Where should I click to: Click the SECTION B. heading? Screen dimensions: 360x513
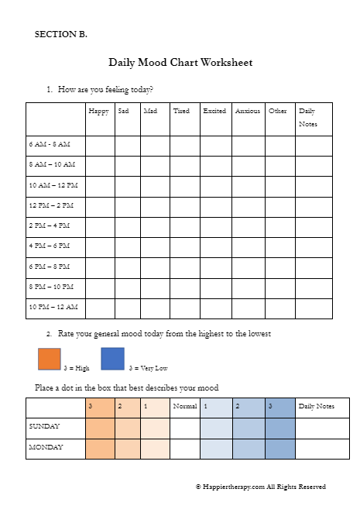(x=61, y=34)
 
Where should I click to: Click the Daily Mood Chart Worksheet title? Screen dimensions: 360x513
(x=180, y=62)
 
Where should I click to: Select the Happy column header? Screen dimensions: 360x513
(x=98, y=112)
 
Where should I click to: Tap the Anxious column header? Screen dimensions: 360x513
(x=247, y=112)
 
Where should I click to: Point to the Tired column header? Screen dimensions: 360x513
(x=181, y=112)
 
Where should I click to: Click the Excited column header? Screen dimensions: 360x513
(x=214, y=112)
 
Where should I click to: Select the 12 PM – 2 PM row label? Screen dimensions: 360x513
(x=51, y=205)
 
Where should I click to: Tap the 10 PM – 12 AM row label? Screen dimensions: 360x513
(x=53, y=307)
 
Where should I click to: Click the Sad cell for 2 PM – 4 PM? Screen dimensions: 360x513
(x=127, y=227)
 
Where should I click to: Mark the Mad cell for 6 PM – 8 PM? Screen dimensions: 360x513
(x=155, y=267)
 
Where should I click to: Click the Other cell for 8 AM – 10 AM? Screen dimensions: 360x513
(x=279, y=166)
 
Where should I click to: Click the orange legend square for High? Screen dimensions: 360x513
(x=49, y=360)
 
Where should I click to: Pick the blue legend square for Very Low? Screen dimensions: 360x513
(x=112, y=360)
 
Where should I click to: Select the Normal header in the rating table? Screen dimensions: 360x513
(x=184, y=406)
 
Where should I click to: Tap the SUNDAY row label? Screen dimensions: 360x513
(x=44, y=427)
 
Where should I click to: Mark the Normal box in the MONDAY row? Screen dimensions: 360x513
(x=184, y=448)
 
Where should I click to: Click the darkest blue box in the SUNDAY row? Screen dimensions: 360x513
(x=280, y=427)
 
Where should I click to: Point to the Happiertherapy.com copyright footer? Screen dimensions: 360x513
(x=260, y=487)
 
